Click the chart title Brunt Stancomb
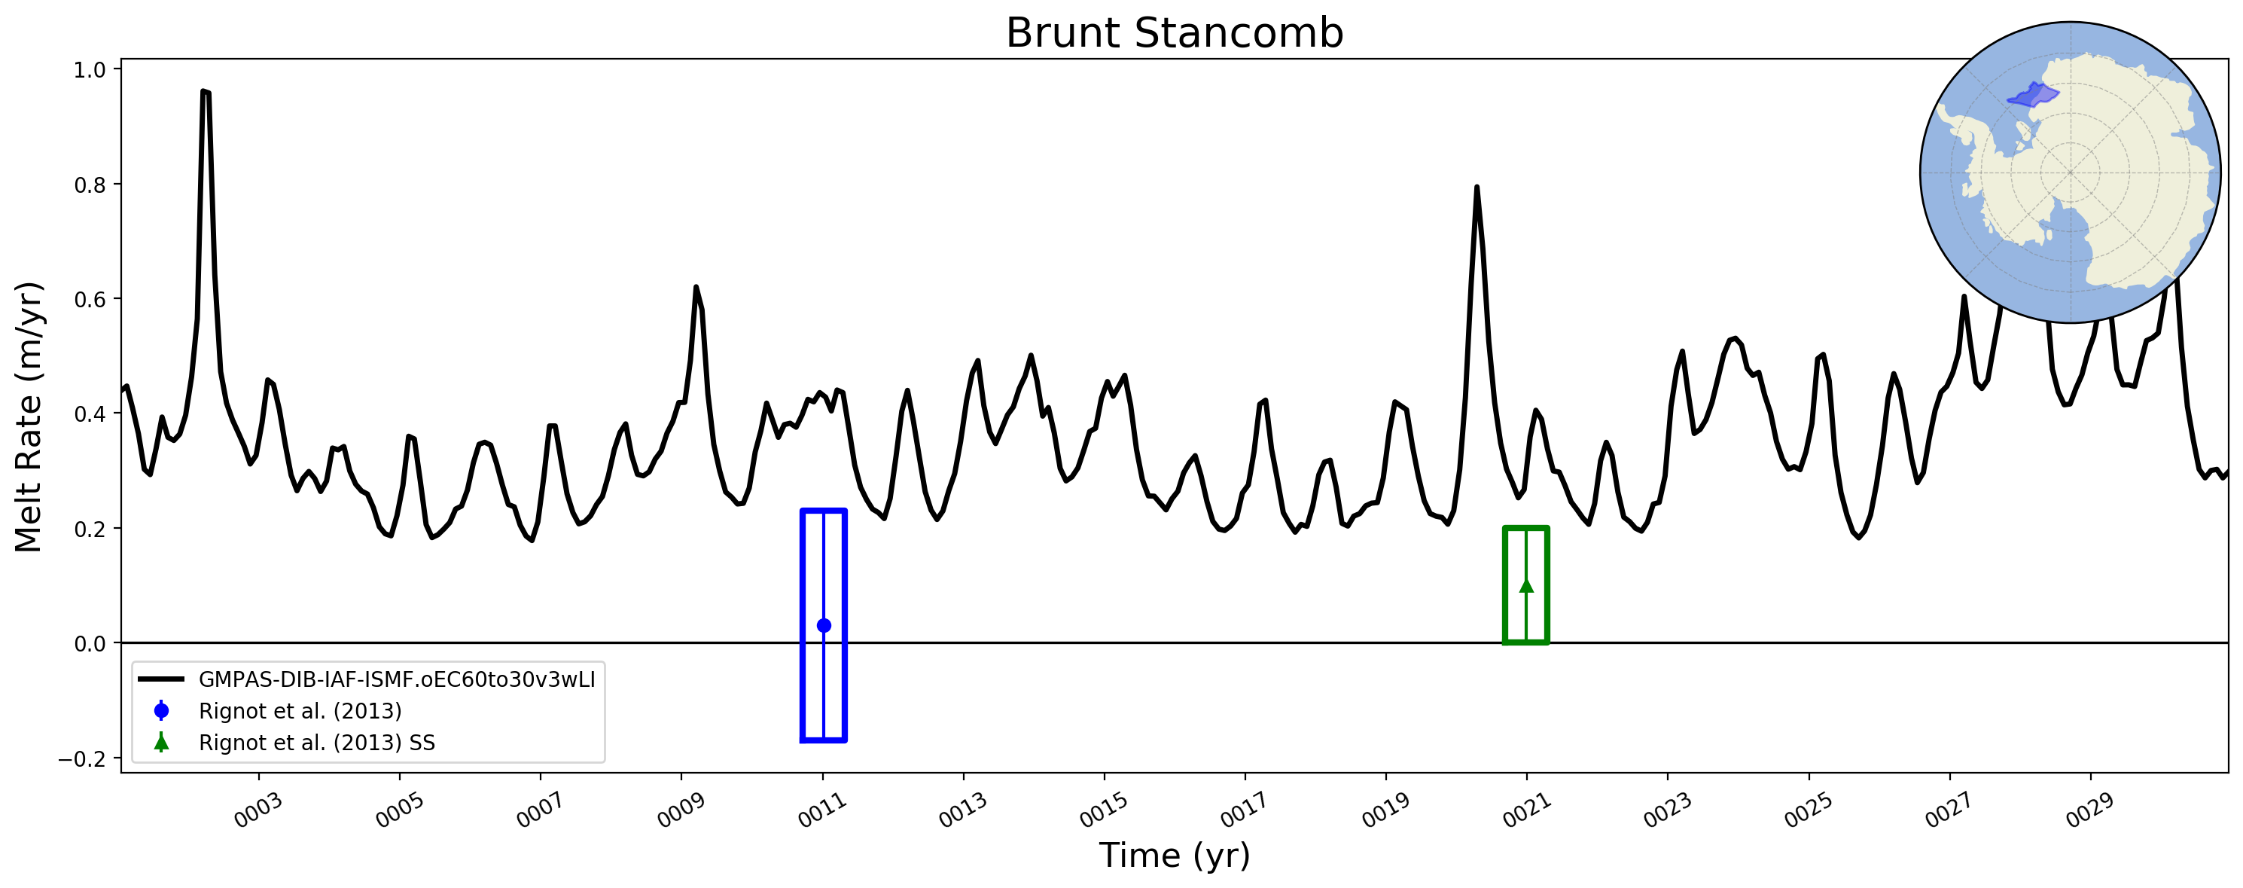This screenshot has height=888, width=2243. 1174,33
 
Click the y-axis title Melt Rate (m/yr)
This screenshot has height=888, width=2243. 29,417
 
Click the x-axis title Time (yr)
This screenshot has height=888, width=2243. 1174,855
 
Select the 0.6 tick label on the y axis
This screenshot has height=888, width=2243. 90,298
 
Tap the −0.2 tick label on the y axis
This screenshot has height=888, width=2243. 82,758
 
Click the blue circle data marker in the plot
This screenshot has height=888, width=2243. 824,625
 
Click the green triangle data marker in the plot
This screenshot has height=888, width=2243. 1525,585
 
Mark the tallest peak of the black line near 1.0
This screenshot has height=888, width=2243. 204,90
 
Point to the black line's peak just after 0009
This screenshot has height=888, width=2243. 696,287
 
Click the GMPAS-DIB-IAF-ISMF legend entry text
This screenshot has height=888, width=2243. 397,679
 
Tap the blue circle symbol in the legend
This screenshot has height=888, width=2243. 161,711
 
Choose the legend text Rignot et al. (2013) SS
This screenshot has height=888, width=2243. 317,743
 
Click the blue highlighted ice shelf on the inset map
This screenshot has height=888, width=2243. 2033,95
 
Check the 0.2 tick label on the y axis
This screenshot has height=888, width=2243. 90,529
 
